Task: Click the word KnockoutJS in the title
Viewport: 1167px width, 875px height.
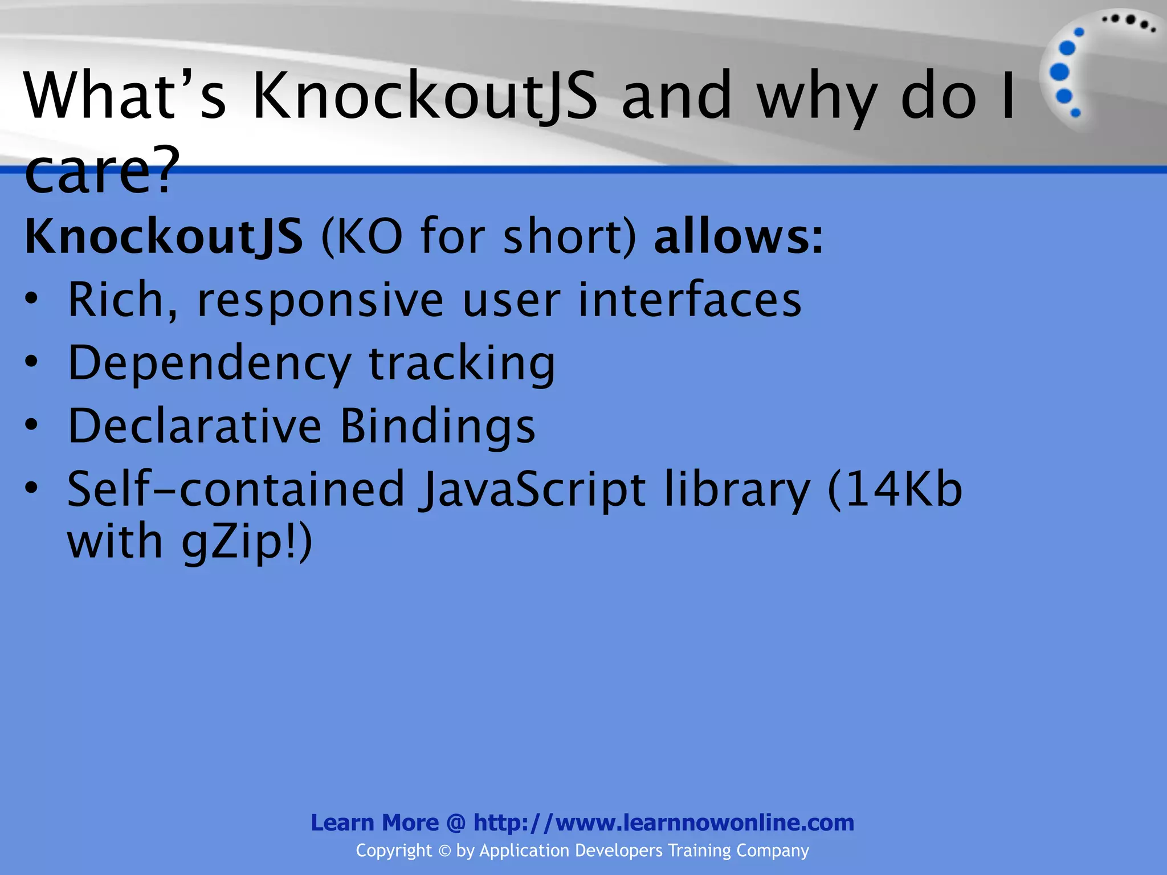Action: tap(425, 96)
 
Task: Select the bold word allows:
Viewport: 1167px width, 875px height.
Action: tap(738, 236)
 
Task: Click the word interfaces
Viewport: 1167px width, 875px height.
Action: tap(689, 300)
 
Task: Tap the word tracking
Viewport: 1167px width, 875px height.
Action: tap(462, 363)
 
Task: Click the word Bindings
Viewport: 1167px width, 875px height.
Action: tap(438, 427)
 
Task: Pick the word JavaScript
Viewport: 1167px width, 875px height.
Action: tap(533, 490)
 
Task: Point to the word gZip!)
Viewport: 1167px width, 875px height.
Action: tap(247, 542)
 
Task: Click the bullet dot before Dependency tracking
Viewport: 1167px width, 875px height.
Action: tap(32, 361)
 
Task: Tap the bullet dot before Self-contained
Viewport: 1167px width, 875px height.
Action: tap(32, 488)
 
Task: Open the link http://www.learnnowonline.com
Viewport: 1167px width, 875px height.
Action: tap(664, 823)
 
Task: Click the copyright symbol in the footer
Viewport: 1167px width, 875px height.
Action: tap(444, 851)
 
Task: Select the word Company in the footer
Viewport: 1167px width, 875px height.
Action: tap(772, 851)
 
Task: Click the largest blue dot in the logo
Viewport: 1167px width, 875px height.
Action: tap(1059, 72)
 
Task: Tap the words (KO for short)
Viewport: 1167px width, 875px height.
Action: tap(478, 236)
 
